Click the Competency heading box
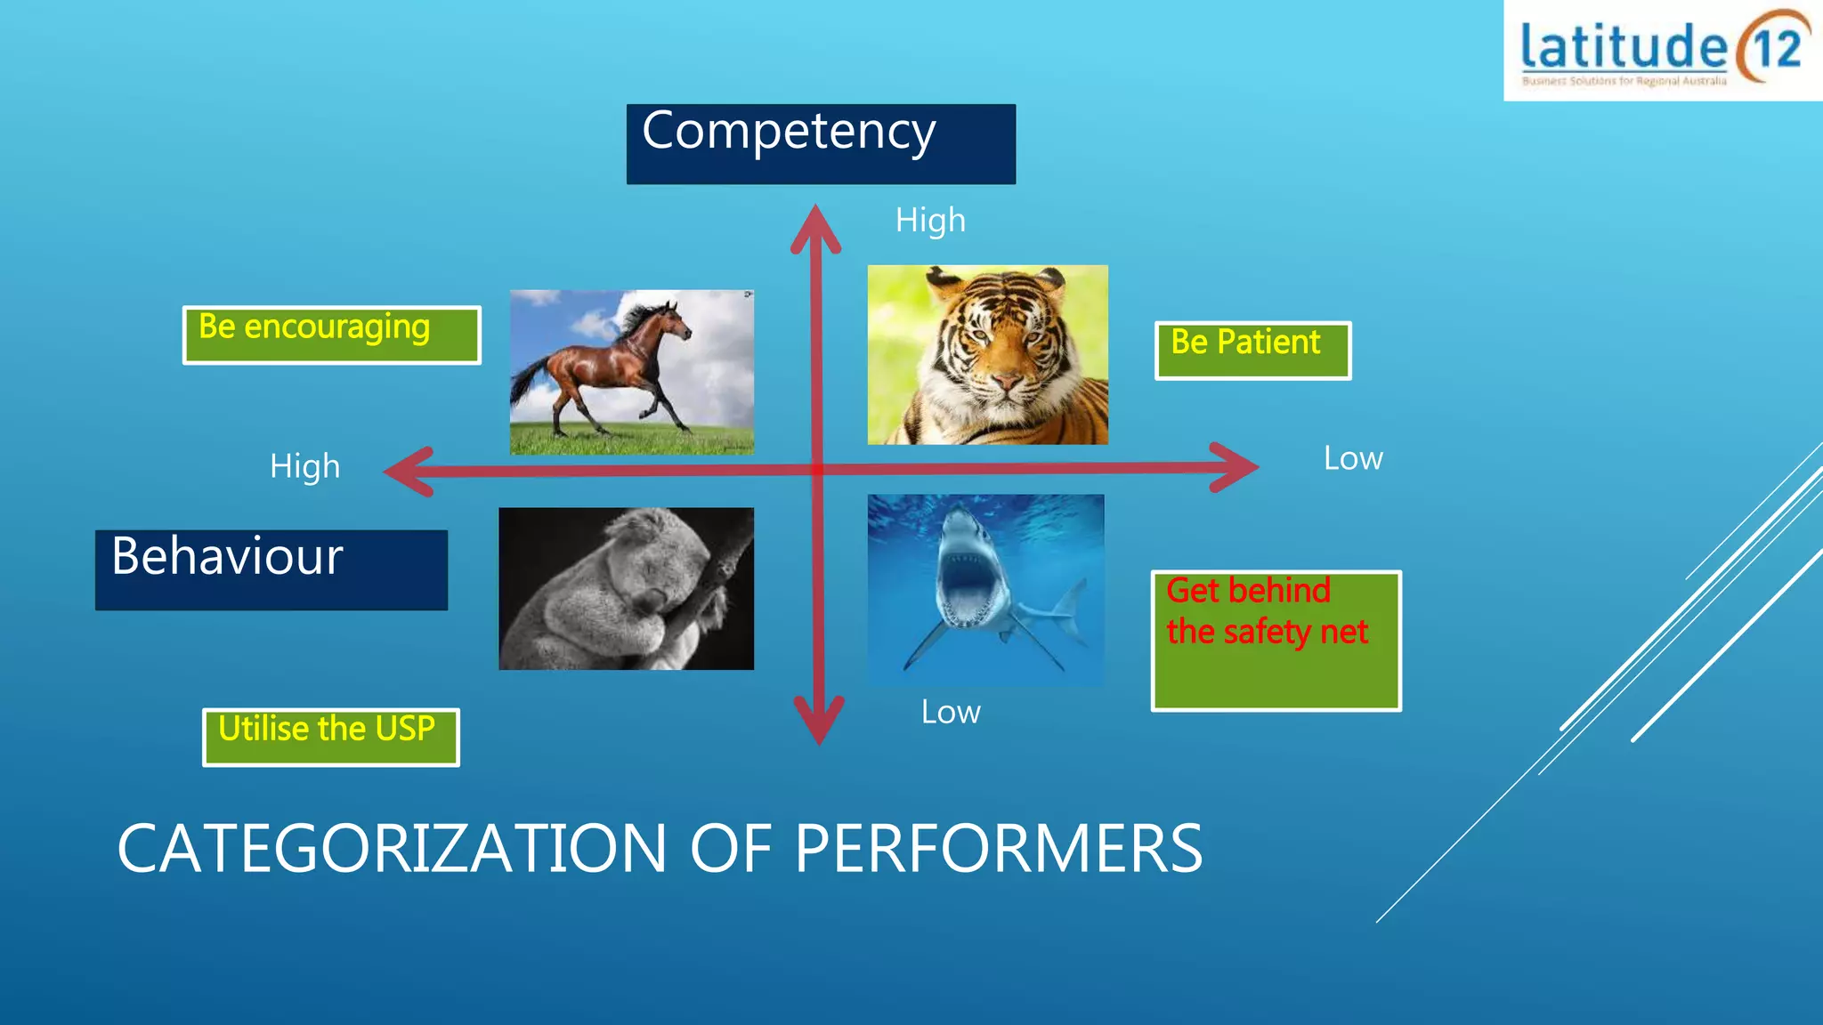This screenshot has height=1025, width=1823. [820, 143]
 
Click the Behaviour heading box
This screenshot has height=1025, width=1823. [271, 569]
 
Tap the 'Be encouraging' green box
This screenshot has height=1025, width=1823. [331, 335]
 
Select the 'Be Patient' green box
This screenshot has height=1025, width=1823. [1252, 350]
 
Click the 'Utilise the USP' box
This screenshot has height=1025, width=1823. [330, 737]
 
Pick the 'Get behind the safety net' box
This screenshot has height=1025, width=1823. [1276, 640]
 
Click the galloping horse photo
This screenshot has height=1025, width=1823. [631, 372]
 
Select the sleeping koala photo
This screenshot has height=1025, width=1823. [626, 588]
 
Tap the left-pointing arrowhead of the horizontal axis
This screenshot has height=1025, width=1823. [409, 471]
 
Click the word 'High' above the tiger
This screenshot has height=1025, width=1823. [929, 220]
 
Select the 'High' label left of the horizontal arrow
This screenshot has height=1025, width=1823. [304, 466]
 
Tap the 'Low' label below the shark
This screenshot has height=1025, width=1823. [950, 712]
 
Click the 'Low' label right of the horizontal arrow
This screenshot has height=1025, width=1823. [1352, 458]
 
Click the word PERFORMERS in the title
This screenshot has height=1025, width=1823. [998, 848]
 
